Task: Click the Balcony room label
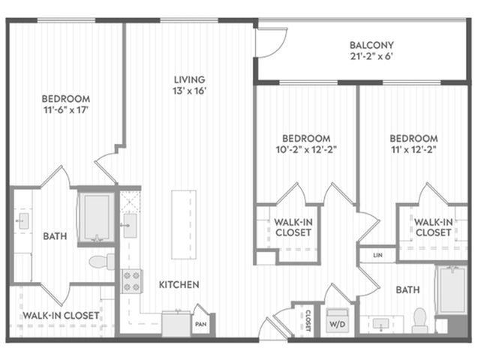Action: click(x=371, y=45)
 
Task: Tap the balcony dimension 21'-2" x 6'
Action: click(x=371, y=57)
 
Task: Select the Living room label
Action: click(x=189, y=79)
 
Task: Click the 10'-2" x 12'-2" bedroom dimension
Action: click(x=306, y=150)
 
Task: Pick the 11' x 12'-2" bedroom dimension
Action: click(x=413, y=150)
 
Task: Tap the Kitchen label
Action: click(x=179, y=285)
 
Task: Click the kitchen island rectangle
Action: click(x=184, y=225)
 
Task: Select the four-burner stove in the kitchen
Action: click(x=132, y=281)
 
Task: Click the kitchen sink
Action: click(x=130, y=226)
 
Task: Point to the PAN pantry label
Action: click(x=200, y=324)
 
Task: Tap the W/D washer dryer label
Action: click(x=337, y=324)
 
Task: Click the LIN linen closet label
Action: click(x=377, y=255)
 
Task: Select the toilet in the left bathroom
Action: click(x=102, y=262)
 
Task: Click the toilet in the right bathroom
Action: click(x=420, y=320)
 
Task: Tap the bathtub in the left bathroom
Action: click(x=97, y=217)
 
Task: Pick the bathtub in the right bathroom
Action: click(x=452, y=290)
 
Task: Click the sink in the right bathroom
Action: click(x=381, y=323)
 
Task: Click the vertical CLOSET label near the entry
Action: click(x=308, y=320)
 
